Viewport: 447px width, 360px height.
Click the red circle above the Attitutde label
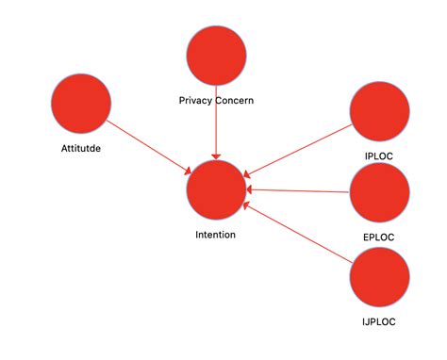[81, 103]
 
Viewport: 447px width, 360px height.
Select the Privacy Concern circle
[216, 56]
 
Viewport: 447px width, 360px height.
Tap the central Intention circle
[216, 189]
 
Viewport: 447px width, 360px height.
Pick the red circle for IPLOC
[379, 112]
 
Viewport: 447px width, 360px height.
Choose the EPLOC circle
[379, 192]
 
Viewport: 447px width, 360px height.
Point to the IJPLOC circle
[379, 276]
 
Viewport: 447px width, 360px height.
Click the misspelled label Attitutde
[82, 148]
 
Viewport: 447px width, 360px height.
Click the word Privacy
[196, 100]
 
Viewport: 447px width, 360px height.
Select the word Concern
[235, 100]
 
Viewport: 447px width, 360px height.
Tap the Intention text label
[216, 235]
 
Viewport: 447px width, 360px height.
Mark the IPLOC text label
[379, 155]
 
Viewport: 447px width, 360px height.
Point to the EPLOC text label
[379, 237]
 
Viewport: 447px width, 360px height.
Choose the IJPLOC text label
[379, 321]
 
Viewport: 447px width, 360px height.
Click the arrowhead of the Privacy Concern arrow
[216, 155]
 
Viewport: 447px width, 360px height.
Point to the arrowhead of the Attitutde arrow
[187, 170]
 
